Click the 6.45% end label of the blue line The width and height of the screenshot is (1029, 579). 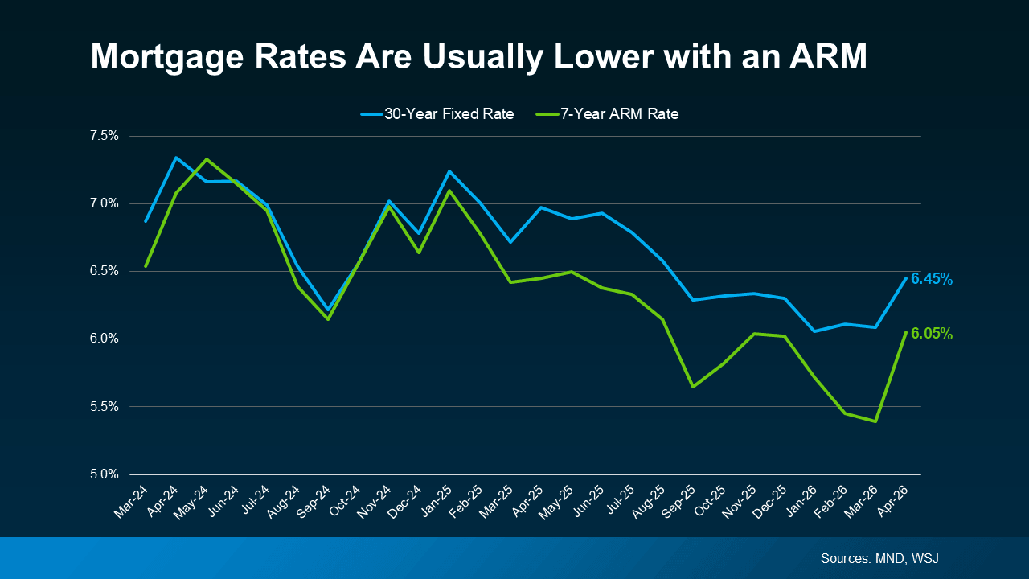(932, 279)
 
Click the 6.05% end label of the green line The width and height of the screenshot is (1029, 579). (932, 334)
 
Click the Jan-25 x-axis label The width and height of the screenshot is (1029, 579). (438, 501)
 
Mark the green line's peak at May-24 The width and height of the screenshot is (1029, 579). (207, 159)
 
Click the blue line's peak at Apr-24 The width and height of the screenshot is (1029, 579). (176, 158)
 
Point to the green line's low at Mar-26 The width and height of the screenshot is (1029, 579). (875, 421)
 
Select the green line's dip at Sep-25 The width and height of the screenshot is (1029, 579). (692, 387)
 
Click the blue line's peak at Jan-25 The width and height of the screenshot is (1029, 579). (449, 171)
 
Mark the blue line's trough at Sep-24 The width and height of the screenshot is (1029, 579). (328, 309)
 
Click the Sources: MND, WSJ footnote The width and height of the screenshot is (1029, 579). (879, 558)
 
